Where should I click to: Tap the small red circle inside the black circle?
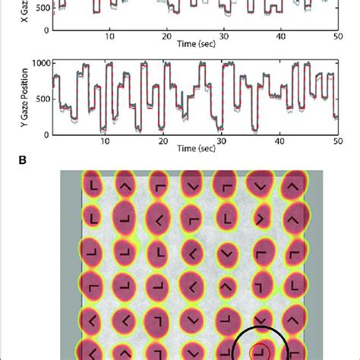(261, 352)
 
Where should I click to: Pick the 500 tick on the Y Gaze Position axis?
(43, 99)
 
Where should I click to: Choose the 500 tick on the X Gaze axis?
(43, 8)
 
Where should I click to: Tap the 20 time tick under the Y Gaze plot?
(166, 143)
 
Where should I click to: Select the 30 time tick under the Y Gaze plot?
(223, 143)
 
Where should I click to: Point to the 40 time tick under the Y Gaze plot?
(279, 143)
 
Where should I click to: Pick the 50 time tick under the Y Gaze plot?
(336, 143)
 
